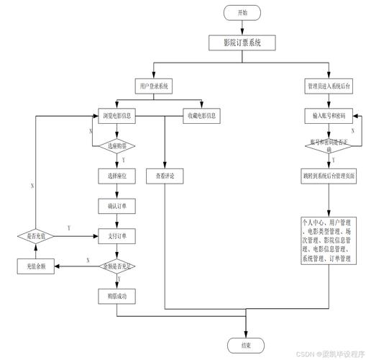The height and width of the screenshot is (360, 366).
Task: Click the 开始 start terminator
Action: [242, 13]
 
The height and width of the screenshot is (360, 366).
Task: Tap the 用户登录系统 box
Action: [152, 86]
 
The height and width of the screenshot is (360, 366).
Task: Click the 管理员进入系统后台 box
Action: [329, 86]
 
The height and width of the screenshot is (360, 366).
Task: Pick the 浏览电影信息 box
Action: [116, 115]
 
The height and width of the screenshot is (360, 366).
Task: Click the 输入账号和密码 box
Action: [329, 115]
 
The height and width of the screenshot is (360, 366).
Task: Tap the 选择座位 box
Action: [116, 175]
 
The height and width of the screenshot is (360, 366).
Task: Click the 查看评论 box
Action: [165, 175]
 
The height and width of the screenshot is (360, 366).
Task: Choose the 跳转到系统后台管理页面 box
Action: [329, 175]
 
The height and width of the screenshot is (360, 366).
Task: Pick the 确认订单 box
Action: [116, 206]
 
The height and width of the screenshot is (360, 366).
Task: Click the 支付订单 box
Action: [116, 235]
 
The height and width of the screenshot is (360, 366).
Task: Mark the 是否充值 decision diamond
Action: [32, 235]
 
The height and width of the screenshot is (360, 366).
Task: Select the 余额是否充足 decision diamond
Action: [116, 266]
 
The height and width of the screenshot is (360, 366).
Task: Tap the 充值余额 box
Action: [32, 266]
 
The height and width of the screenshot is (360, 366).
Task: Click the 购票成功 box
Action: [116, 295]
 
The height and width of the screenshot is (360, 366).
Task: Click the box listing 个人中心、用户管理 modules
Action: [329, 240]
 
